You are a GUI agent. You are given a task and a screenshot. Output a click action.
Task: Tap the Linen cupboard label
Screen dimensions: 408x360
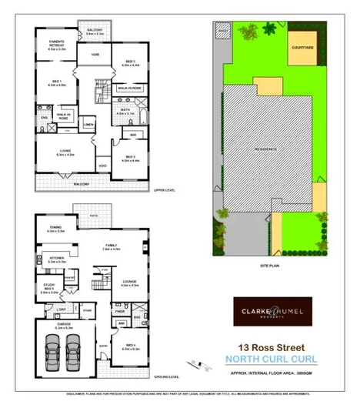tap(88, 125)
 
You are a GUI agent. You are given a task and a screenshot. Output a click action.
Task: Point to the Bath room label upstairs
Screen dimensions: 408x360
tap(125, 112)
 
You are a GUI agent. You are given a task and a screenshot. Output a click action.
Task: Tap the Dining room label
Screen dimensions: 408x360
tap(55, 228)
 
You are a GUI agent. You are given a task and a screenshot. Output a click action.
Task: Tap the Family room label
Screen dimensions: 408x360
tap(112, 247)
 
